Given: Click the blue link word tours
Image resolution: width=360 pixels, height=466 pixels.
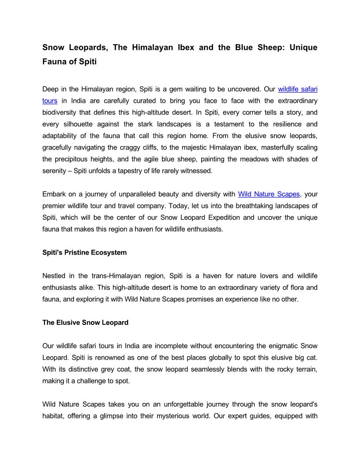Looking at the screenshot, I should point(50,101).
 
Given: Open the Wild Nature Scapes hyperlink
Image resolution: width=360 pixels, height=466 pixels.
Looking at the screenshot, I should point(269,194).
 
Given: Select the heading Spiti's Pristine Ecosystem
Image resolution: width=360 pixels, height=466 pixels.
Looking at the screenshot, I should point(84,252).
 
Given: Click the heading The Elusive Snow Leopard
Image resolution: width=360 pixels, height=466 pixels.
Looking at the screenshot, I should point(85,323).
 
